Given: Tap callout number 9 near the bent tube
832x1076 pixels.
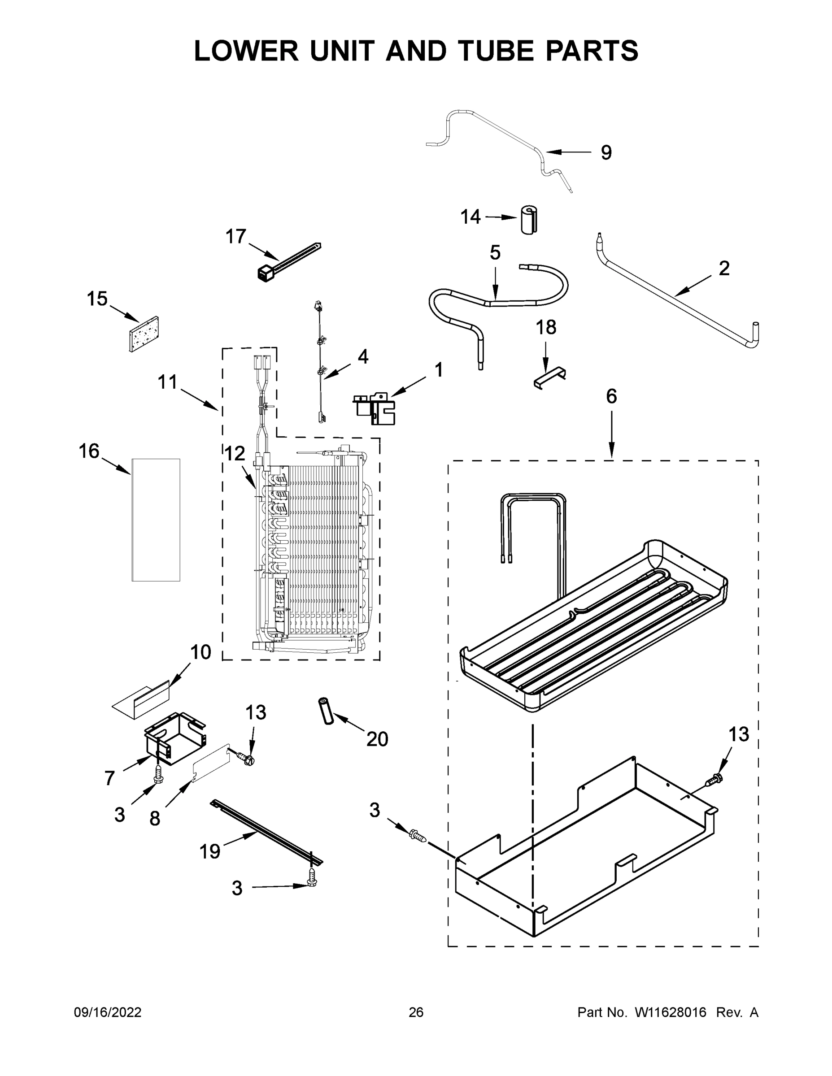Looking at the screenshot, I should point(606,153).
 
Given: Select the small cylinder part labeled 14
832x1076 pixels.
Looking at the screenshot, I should point(529,220).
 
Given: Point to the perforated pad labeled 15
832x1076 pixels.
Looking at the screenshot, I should point(144,334).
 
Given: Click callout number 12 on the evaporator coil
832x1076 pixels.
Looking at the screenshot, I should point(235,453).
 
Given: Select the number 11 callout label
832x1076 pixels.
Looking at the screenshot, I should point(168,382).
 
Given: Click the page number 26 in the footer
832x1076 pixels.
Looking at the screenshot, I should point(416,1012).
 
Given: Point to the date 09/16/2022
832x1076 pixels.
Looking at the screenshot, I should point(108,1012).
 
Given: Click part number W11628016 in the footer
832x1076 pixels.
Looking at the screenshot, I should point(671,1012).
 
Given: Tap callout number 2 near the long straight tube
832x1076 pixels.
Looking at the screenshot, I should point(723,269).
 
